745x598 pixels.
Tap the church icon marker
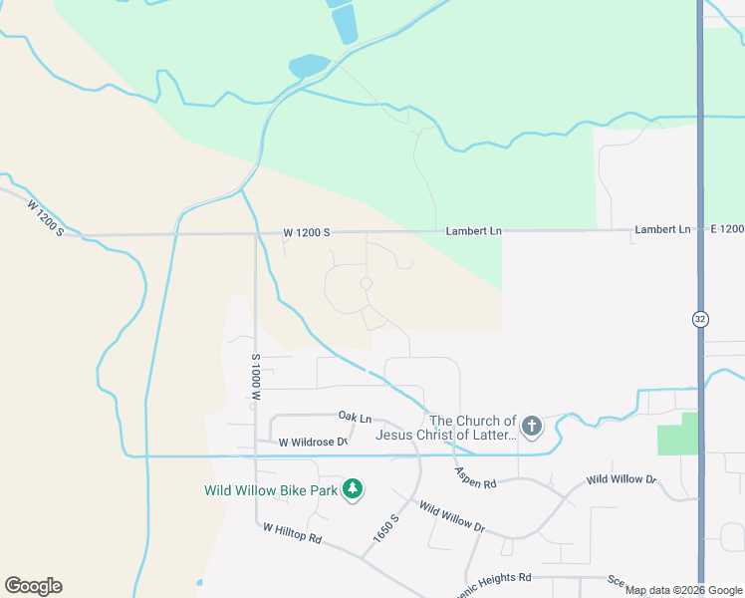532,428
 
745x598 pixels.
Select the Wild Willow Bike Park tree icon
352,489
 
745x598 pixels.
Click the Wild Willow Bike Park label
269,490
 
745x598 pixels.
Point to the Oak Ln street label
355,417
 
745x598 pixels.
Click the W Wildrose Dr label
312,442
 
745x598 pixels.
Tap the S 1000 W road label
256,377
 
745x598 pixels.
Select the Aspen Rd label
475,477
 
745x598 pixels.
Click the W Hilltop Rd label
294,534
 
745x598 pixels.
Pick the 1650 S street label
386,528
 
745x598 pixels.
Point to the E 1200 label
727,229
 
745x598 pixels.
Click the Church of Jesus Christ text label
446,428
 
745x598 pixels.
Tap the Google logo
33,586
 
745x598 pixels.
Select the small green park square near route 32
677,434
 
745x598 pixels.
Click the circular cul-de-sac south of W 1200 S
366,284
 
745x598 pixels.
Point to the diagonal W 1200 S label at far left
45,218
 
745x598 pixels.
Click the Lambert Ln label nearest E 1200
661,229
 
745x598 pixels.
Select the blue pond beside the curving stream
309,66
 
